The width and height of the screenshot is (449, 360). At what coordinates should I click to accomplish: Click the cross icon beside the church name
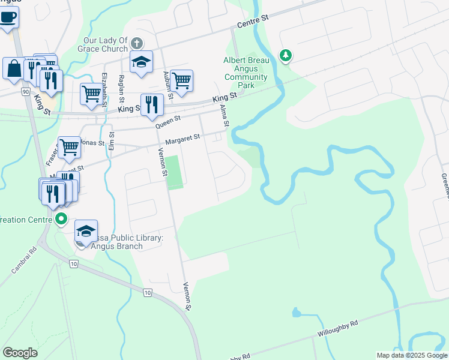137,43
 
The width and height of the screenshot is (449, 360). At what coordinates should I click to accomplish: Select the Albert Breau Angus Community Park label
246,73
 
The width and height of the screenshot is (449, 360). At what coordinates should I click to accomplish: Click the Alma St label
225,115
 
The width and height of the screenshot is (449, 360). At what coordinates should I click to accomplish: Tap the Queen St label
168,121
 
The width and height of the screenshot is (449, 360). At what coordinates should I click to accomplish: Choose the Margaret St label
182,139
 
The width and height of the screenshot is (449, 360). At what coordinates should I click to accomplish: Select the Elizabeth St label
104,89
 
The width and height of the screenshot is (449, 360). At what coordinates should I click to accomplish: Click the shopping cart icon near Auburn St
181,80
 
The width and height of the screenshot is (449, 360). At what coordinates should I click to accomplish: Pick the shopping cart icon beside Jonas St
70,146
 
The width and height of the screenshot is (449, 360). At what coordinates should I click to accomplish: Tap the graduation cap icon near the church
142,61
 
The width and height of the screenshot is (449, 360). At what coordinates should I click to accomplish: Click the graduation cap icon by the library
86,231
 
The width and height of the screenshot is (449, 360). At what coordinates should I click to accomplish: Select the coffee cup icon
8,16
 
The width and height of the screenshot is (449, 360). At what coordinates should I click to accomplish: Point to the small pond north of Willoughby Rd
296,313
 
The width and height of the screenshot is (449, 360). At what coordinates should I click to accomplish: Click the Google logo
20,352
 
